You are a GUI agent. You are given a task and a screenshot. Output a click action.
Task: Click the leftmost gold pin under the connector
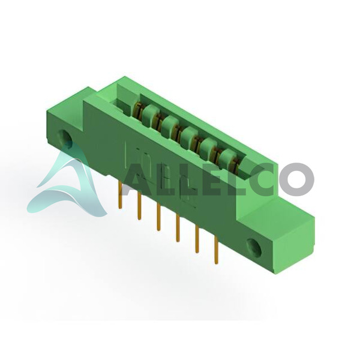point(120,194)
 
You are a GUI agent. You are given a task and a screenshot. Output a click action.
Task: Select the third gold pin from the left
point(158,217)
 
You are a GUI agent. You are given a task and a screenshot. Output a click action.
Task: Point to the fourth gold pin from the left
point(177,228)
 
